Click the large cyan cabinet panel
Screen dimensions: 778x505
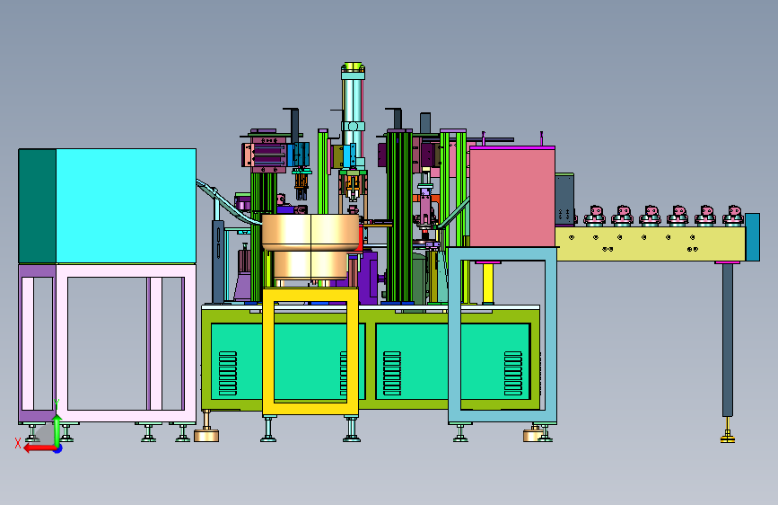click(x=126, y=206)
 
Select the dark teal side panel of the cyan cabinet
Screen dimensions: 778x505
click(x=37, y=206)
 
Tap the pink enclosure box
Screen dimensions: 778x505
click(x=512, y=197)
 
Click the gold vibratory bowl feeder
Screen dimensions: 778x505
click(x=310, y=246)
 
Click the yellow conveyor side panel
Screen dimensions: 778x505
click(x=651, y=244)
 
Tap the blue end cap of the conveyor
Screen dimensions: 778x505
click(x=752, y=237)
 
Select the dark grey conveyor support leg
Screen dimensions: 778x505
click(x=728, y=340)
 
